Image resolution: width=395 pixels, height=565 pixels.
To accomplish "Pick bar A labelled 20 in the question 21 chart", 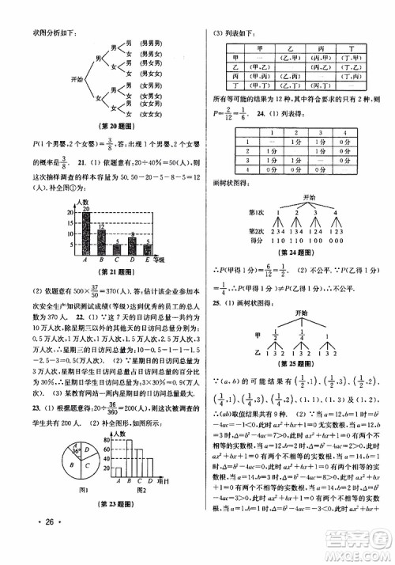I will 85,233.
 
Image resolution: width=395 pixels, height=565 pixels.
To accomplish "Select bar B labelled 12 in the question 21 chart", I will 101,241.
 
